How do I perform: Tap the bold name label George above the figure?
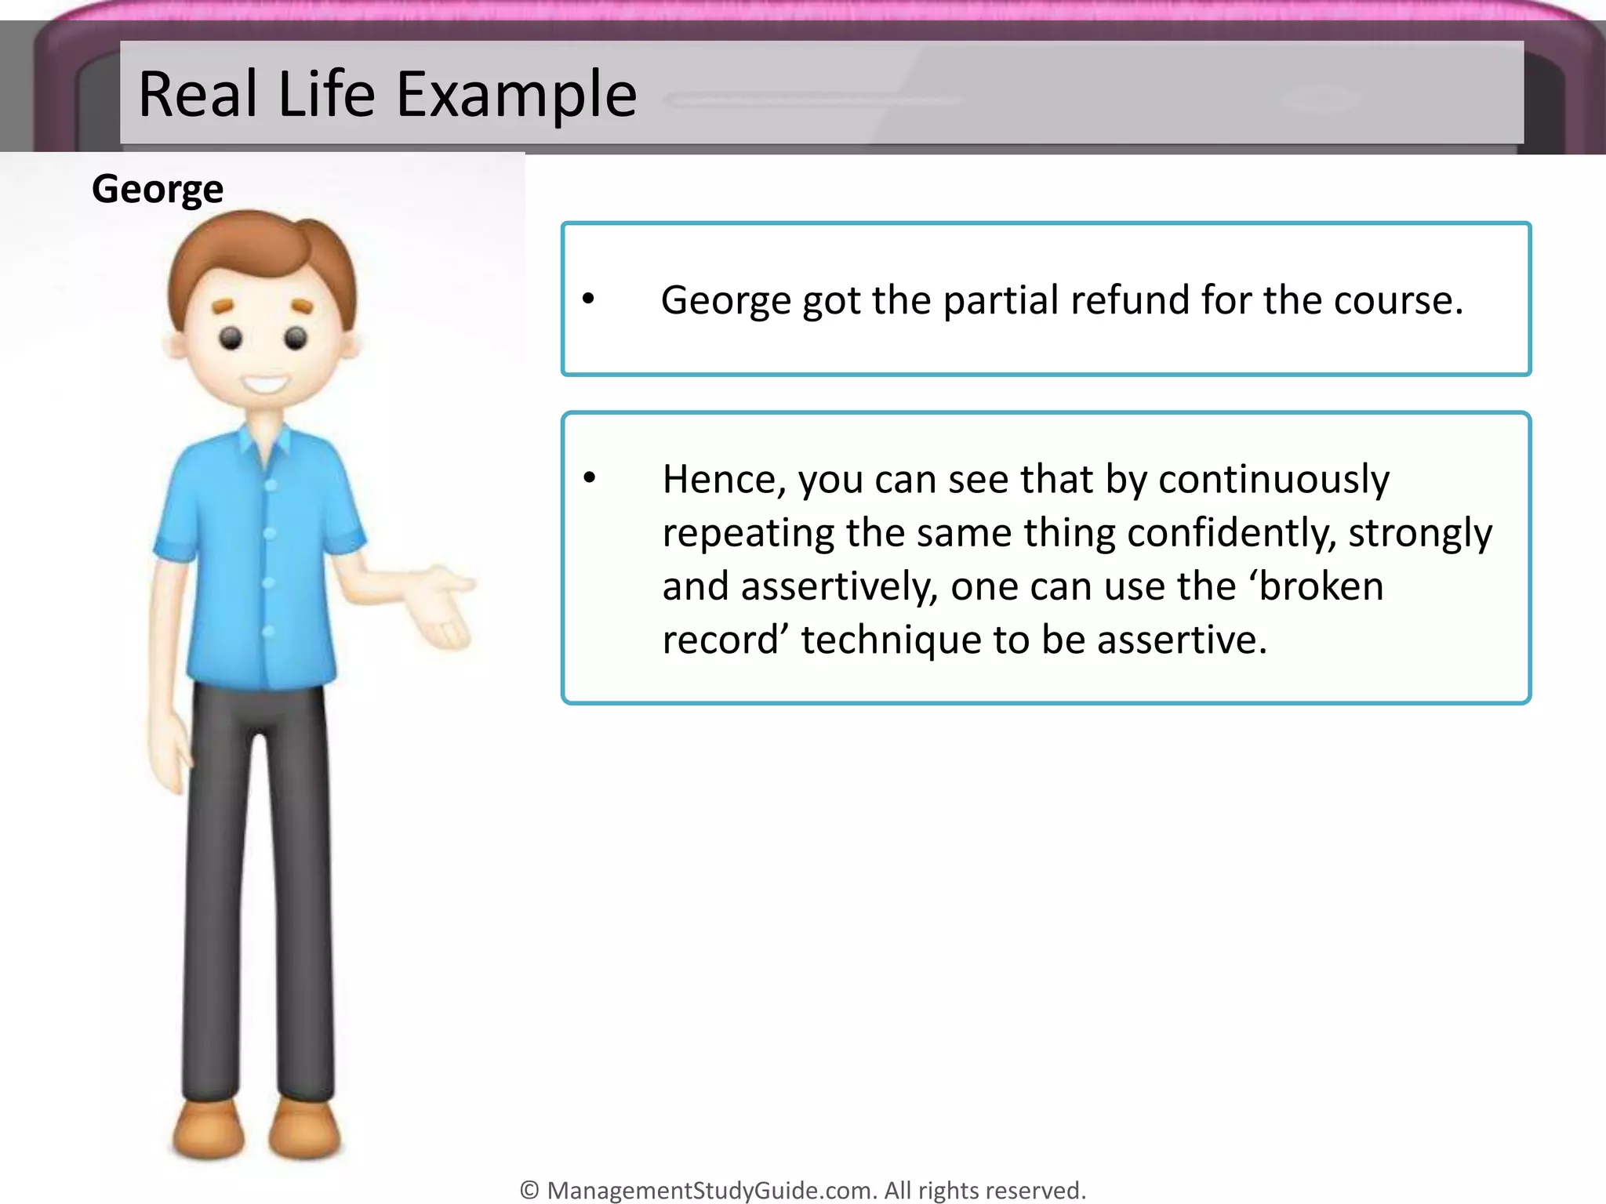click(x=158, y=189)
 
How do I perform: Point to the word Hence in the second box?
click(x=723, y=479)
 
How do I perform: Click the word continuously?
click(x=1274, y=479)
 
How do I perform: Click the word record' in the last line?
click(x=725, y=640)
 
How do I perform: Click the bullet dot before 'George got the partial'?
click(x=589, y=298)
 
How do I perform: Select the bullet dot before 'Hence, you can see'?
click(x=590, y=477)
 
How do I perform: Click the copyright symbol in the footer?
click(x=529, y=1190)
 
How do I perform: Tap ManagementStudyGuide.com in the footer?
click(x=710, y=1190)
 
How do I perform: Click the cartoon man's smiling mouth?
click(x=265, y=385)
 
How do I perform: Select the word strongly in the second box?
click(x=1419, y=533)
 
